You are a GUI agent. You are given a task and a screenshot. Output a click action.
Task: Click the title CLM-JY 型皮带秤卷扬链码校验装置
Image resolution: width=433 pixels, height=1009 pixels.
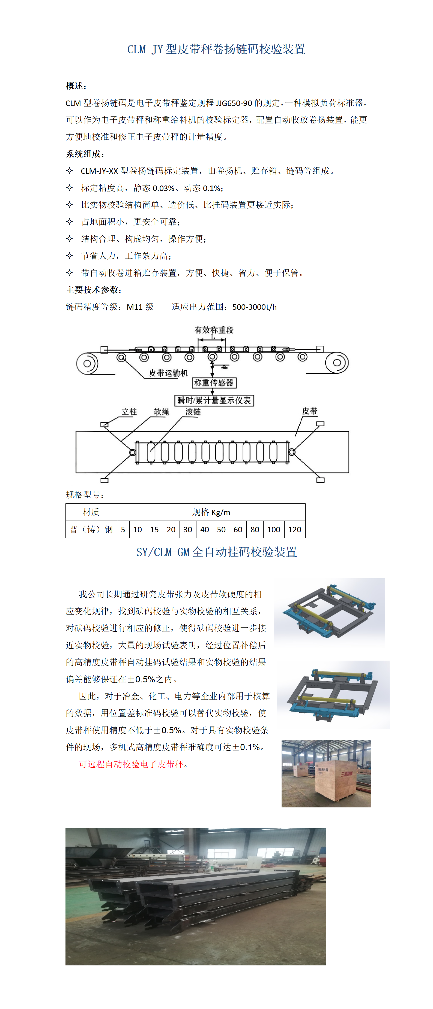[x=216, y=49]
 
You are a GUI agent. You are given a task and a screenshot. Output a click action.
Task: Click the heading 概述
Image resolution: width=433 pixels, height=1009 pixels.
[x=76, y=86]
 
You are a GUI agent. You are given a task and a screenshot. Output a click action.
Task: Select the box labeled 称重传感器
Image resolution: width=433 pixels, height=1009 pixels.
[x=214, y=383]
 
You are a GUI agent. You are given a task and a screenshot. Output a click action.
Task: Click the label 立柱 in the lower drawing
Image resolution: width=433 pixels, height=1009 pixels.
[x=129, y=412]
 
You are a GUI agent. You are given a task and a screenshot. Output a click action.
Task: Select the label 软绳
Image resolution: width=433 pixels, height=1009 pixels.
[x=161, y=412]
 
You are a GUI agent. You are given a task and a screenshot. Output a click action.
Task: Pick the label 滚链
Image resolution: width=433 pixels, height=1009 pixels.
[x=193, y=412]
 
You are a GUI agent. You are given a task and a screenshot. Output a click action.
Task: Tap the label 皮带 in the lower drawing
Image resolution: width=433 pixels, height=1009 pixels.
[x=309, y=411]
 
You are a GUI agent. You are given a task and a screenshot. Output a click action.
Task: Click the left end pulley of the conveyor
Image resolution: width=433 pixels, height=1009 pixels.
[x=87, y=363]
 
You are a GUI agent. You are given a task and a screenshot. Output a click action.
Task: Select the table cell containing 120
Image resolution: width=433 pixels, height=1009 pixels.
[x=295, y=530]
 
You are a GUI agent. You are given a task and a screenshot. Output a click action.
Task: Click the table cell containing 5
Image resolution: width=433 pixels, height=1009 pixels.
[x=123, y=530]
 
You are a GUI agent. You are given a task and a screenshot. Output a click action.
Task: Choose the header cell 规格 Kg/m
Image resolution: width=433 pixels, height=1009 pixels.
[x=211, y=512]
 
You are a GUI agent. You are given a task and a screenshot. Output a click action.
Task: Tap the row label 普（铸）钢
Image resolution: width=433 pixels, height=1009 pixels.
[x=91, y=530]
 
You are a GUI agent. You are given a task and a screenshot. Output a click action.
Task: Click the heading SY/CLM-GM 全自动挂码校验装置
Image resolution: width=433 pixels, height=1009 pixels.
[x=216, y=552]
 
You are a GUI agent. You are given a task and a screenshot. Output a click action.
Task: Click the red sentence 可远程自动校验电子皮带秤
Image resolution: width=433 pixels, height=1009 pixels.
[x=131, y=764]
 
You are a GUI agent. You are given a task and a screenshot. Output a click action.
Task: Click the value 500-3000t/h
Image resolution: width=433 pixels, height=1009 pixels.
[x=254, y=307]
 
